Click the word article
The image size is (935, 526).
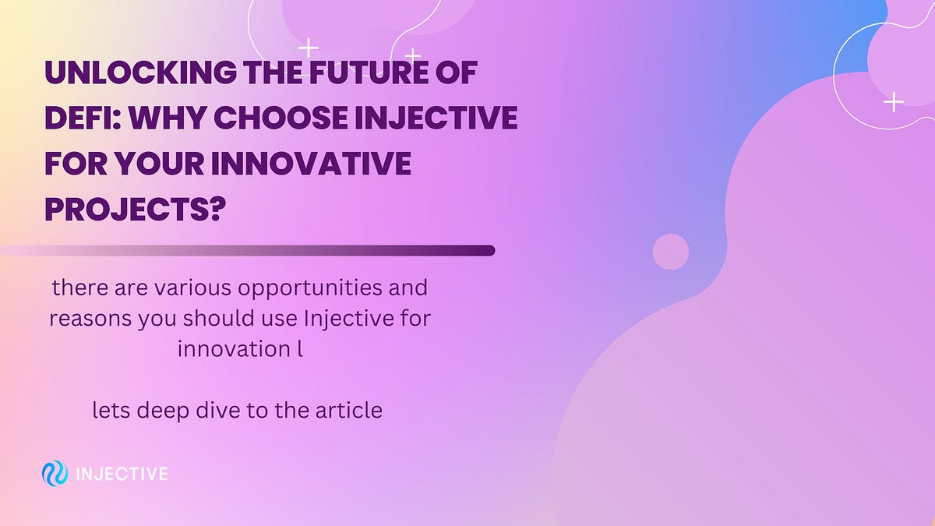(x=348, y=410)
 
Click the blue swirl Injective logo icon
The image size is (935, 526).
(x=55, y=473)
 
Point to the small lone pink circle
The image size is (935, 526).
(x=670, y=252)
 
